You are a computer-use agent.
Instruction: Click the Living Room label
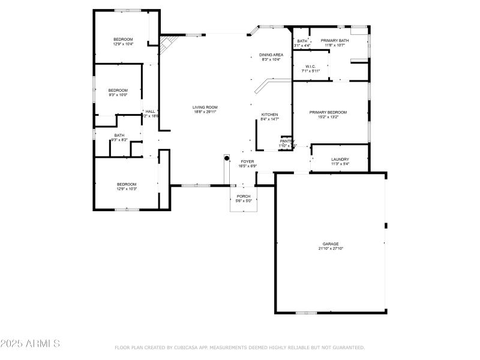[x=205, y=107]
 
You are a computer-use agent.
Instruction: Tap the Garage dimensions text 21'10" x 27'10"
[x=331, y=248]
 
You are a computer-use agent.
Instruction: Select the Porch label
[x=244, y=196]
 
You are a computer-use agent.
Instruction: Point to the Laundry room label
[x=340, y=160]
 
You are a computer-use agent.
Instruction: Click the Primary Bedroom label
[x=328, y=112]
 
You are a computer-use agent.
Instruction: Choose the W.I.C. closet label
[x=310, y=67]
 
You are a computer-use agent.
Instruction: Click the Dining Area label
[x=271, y=55]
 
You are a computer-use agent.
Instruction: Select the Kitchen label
[x=269, y=115]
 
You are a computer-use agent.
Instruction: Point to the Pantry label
[x=287, y=141]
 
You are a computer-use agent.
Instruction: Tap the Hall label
[x=150, y=112]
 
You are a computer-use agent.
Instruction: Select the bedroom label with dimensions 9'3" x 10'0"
[x=118, y=90]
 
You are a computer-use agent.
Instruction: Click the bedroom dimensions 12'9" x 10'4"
[x=123, y=44]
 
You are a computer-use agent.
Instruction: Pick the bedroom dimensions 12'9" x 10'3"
[x=127, y=189]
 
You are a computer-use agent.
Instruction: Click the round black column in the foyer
[x=227, y=158]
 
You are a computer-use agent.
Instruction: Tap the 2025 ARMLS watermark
[x=30, y=344]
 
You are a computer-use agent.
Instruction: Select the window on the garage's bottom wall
[x=306, y=313]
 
